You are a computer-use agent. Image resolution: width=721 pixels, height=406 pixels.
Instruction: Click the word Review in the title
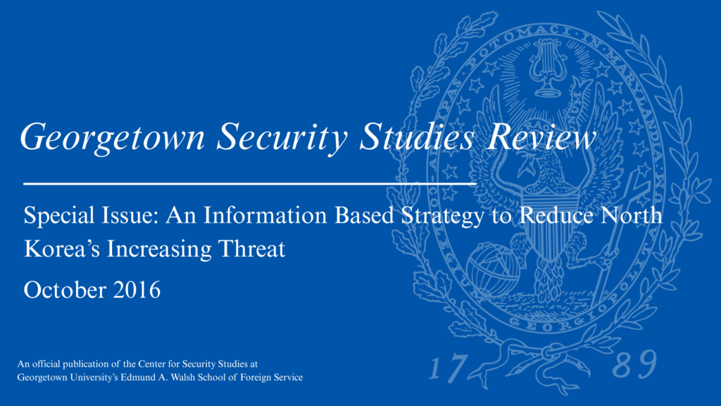(541, 137)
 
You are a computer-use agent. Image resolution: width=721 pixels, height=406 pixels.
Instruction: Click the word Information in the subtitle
(265, 215)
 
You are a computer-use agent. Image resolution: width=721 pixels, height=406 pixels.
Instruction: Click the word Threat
(251, 249)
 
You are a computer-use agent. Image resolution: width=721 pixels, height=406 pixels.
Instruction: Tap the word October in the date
(65, 290)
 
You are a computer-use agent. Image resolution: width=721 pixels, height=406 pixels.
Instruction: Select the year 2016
(137, 290)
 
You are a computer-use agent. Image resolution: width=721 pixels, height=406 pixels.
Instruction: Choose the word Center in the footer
(152, 364)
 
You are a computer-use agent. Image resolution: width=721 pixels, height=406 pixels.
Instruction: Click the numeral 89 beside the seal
(634, 364)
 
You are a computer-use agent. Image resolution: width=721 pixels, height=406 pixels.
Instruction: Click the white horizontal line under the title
(249, 184)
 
